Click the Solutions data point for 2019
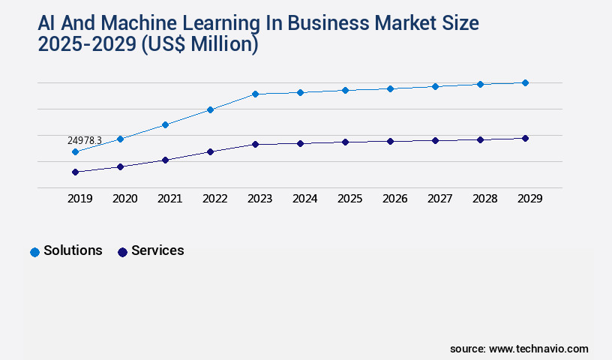[x=75, y=152]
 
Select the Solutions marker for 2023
[x=255, y=94]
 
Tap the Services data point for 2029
[x=525, y=138]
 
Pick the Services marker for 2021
[x=165, y=160]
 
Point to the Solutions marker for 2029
[x=525, y=82]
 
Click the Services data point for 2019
[x=75, y=172]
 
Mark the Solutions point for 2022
[x=210, y=109]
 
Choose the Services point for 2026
[x=390, y=141]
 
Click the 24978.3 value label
[x=84, y=140]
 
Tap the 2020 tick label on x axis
[x=124, y=199]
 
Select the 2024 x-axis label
[x=304, y=199]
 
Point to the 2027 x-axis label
[x=439, y=199]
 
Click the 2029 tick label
[x=529, y=199]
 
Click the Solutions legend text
[x=73, y=250]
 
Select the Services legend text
[x=157, y=250]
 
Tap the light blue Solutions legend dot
[x=34, y=252]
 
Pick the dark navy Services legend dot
[x=122, y=252]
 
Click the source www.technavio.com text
[x=519, y=349]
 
